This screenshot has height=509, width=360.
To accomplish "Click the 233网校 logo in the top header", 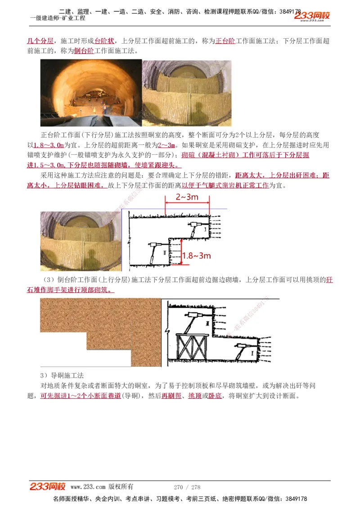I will coord(312,16).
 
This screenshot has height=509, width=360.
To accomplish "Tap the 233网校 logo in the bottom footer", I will coord(48,487).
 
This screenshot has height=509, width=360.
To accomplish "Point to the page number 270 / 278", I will coord(187,487).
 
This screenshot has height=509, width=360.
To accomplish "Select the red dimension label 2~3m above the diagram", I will coord(187,197).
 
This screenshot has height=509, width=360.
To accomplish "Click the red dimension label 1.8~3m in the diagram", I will coord(197,256).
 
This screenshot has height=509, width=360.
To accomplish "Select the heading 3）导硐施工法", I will coord(62,375).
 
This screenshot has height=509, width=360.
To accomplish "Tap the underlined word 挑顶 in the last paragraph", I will coord(195,396).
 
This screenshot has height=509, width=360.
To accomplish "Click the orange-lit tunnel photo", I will coord(91,93).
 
